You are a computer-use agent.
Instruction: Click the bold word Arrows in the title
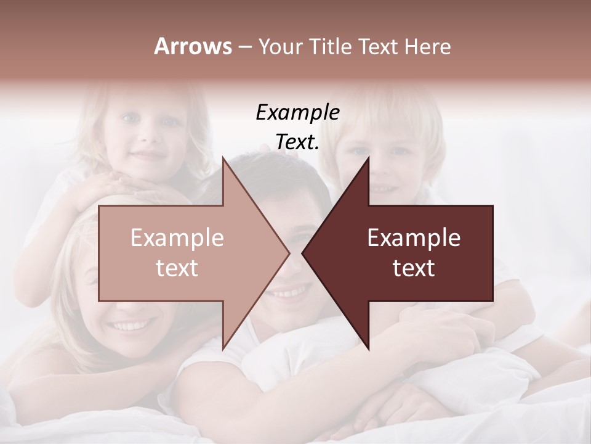(193, 47)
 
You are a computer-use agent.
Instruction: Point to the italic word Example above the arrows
(297, 113)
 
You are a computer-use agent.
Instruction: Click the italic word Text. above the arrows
(297, 142)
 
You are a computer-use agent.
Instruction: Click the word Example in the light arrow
(177, 238)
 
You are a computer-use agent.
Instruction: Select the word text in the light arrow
(177, 268)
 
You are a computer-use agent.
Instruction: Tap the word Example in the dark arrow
(414, 238)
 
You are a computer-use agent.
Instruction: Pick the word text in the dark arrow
(414, 268)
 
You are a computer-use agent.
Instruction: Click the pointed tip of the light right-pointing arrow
(289, 253)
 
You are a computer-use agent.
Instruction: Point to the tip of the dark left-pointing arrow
(303, 253)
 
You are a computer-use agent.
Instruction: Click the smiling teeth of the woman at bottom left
(129, 325)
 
